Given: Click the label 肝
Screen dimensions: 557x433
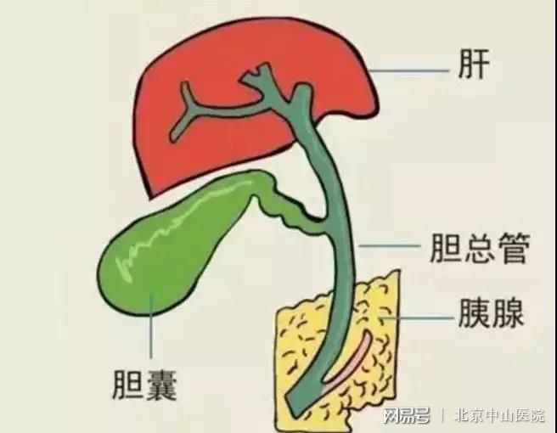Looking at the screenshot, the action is (x=474, y=64).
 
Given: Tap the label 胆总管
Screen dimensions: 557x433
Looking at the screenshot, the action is (x=480, y=248).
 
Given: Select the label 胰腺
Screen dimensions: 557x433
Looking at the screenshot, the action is (x=491, y=312).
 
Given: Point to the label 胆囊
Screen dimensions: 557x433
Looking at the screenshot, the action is (x=144, y=385).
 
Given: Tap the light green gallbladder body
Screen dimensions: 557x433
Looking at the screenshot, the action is (x=167, y=249).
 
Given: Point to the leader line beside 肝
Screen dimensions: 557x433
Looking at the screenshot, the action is (x=409, y=70).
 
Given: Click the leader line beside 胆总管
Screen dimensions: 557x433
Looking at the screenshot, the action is (x=390, y=245).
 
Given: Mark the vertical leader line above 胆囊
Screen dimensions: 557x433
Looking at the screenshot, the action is (x=151, y=325).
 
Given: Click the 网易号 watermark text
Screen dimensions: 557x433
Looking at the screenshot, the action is (x=407, y=415).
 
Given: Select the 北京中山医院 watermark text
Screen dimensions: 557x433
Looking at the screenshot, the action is (x=499, y=415).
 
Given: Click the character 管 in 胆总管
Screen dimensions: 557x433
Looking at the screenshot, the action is (x=514, y=248).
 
